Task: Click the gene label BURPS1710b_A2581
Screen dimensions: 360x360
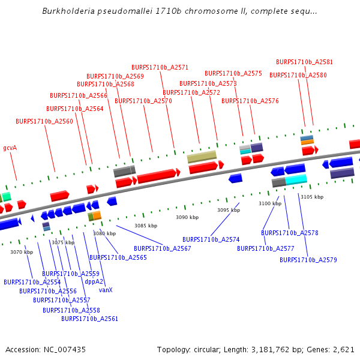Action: click(x=304, y=62)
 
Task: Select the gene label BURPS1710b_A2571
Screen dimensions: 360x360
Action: click(x=160, y=67)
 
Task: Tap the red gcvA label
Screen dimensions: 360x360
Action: click(x=10, y=148)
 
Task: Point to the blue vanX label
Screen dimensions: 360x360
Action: click(x=106, y=290)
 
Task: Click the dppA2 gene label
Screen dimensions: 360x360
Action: click(x=94, y=281)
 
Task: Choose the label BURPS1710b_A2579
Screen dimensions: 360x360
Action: click(x=308, y=260)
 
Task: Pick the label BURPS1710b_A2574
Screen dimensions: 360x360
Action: click(x=211, y=239)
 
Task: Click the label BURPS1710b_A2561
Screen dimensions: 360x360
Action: click(x=89, y=319)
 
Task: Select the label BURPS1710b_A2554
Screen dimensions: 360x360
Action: click(x=32, y=282)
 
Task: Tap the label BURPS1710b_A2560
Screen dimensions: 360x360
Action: click(x=44, y=121)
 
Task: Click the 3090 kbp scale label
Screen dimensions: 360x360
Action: click(x=187, y=217)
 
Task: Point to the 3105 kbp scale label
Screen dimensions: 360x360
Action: click(x=311, y=197)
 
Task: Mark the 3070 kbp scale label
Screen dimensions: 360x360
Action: click(x=21, y=252)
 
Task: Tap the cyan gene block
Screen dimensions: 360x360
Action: click(x=296, y=179)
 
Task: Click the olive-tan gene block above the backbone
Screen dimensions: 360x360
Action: click(x=202, y=157)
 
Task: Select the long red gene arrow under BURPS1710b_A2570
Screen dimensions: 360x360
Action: click(x=158, y=176)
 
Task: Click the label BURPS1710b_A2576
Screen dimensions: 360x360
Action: click(x=250, y=101)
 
